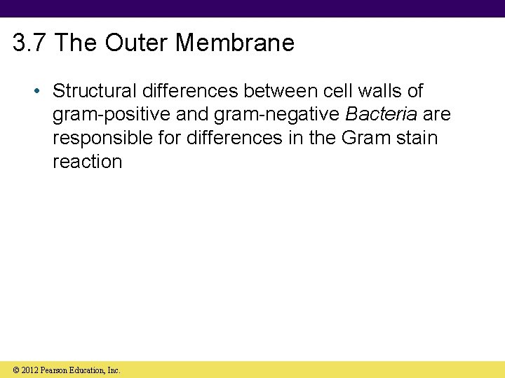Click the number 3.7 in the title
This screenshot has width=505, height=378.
[30, 43]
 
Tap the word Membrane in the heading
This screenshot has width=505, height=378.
[235, 43]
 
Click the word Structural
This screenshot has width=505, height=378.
[95, 91]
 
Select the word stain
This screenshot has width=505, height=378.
[418, 138]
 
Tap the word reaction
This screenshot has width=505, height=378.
[87, 162]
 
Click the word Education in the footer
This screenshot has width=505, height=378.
[88, 370]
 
